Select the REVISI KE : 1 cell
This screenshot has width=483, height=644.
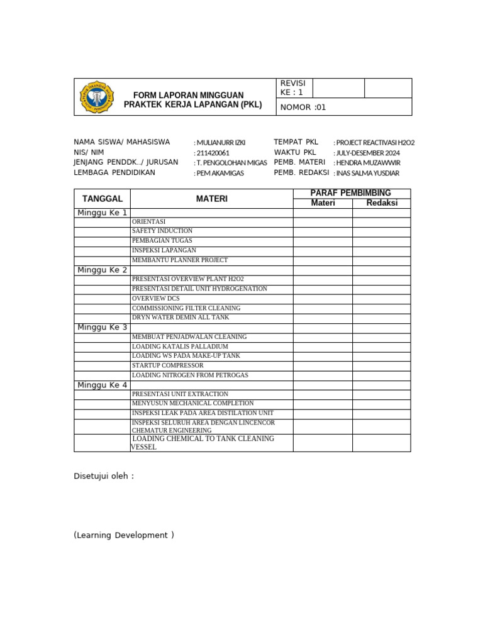point(292,88)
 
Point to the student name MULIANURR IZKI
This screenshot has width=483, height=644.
point(221,143)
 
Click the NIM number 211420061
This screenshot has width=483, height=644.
point(213,153)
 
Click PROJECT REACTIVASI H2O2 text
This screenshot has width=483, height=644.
point(375,143)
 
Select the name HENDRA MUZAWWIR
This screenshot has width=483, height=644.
point(368,163)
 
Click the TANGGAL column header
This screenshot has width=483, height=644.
point(103,199)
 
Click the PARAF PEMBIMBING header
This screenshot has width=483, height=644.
point(352,193)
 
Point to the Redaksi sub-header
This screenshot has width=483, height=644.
point(382,203)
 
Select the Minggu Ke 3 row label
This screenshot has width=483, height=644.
point(103,328)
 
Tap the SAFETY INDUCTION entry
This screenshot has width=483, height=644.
point(162,231)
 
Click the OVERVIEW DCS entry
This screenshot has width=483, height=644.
point(156,299)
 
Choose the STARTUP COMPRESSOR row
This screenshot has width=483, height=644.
point(168,365)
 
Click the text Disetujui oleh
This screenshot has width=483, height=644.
point(104,476)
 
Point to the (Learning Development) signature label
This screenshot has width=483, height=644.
point(124,535)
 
